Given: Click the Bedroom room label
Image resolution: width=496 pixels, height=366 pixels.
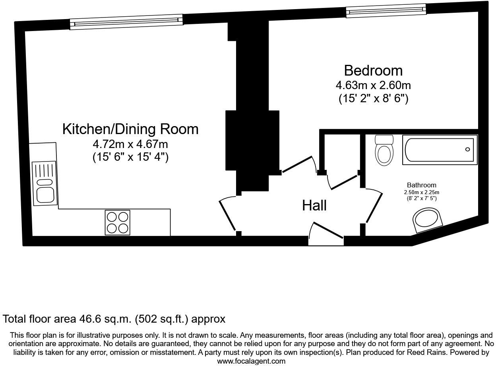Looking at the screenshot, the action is (x=373, y=70).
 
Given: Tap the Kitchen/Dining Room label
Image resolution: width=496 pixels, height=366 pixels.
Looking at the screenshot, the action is (x=130, y=129).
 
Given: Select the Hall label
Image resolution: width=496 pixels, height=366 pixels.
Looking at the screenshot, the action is (x=314, y=205).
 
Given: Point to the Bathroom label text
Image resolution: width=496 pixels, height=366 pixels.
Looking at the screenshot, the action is (x=422, y=185).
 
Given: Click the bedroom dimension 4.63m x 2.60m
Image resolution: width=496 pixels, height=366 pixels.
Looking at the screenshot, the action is (x=373, y=86).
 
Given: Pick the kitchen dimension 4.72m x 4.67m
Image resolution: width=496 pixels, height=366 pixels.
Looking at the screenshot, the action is (x=130, y=144).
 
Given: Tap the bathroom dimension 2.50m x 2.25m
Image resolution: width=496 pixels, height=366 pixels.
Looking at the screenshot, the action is (x=422, y=192).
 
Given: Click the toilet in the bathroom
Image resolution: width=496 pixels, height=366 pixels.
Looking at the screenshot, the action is (x=384, y=150).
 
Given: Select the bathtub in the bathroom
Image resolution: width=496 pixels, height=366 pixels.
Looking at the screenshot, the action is (x=440, y=150).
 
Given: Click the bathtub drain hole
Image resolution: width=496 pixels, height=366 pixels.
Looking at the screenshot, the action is (x=467, y=150).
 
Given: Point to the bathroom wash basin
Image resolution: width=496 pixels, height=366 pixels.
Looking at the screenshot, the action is (x=428, y=220).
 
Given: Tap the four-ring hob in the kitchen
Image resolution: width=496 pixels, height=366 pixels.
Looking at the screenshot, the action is (x=117, y=222).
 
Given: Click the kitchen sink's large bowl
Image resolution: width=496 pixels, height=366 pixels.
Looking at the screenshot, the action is (x=45, y=195).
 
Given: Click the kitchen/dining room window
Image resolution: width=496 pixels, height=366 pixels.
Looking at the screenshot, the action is (x=126, y=22).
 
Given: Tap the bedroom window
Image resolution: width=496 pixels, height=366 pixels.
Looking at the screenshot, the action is (x=386, y=11).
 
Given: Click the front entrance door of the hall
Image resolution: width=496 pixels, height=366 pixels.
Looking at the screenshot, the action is (x=326, y=230).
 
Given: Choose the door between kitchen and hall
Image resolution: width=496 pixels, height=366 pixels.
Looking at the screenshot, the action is (x=227, y=214).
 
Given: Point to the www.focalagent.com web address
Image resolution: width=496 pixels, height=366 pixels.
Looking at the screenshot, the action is (x=251, y=361).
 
